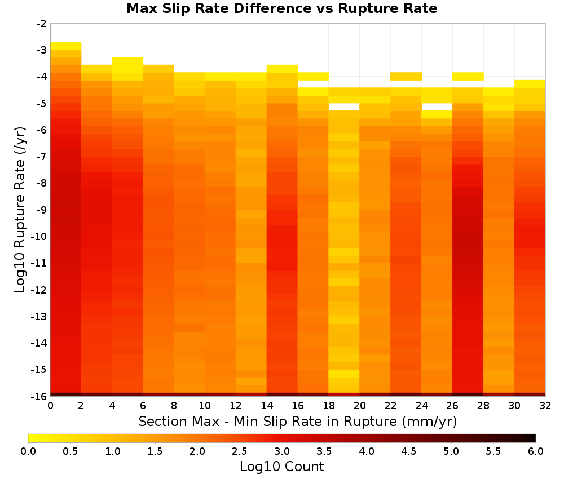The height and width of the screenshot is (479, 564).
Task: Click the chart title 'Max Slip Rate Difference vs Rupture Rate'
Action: [281, 8]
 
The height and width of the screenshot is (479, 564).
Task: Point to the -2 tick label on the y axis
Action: [42, 24]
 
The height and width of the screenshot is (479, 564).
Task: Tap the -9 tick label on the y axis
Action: [42, 210]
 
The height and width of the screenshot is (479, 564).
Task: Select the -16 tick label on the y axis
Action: [39, 396]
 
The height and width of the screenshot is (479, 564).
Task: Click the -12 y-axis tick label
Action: [39, 290]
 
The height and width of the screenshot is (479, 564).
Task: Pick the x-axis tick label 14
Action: [267, 406]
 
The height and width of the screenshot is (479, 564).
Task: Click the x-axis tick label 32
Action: [545, 406]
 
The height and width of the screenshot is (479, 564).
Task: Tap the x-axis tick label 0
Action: [50, 406]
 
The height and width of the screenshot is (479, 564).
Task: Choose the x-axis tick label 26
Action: [452, 406]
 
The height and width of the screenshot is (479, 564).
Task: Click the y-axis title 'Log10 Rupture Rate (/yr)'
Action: [20, 210]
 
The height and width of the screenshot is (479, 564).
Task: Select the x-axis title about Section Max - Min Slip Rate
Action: [298, 422]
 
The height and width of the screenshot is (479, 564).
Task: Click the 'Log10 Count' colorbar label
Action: [281, 467]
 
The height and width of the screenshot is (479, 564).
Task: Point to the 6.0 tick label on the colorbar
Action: [536, 451]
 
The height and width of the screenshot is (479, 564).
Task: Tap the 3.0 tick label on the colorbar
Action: [282, 451]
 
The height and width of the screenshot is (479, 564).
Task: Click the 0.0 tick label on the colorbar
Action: [28, 451]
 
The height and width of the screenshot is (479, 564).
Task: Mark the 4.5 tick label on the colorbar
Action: [409, 451]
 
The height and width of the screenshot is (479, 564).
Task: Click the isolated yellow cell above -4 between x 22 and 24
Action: [406, 76]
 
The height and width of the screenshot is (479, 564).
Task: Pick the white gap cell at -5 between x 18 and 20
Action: [344, 107]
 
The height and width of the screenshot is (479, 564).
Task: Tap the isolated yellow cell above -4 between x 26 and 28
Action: [468, 76]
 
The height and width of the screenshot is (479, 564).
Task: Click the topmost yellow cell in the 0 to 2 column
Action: [66, 46]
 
